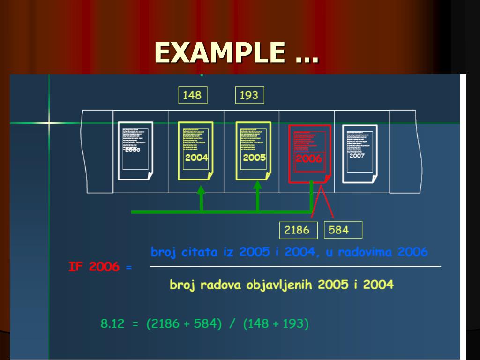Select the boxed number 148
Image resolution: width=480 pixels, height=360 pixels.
click(192, 95)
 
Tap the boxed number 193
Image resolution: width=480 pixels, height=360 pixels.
click(249, 95)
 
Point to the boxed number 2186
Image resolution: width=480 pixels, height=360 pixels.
click(297, 230)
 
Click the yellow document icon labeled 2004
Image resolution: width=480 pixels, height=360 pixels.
click(195, 150)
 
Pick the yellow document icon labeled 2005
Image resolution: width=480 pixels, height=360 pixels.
click(253, 150)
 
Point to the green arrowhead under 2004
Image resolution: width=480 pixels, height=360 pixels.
click(201, 190)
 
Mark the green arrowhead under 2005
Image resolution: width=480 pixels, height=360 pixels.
click(257, 185)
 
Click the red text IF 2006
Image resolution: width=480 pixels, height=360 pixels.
click(94, 267)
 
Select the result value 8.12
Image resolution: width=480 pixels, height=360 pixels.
click(112, 324)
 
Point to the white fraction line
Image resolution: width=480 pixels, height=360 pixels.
click(295, 267)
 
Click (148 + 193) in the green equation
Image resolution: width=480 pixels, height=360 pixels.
click(276, 324)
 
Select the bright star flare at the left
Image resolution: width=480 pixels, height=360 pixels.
click(49, 123)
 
